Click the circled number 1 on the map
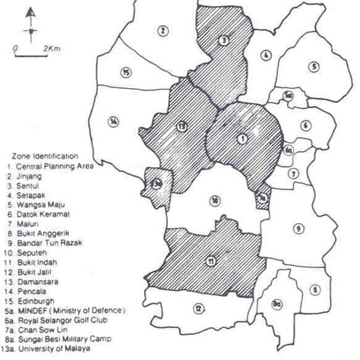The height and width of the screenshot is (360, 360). [242, 138]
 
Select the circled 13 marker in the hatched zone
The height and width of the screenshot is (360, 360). [181, 125]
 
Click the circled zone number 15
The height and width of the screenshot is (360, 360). [126, 72]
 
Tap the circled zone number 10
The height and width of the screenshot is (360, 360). [216, 201]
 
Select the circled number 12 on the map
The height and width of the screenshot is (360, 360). [198, 308]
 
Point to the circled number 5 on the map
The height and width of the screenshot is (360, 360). [313, 66]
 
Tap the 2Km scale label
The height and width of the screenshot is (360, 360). [52, 48]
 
